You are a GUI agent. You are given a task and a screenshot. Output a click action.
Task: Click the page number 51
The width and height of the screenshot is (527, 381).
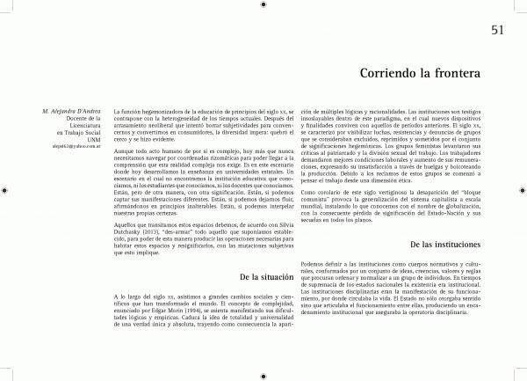[x=497, y=32]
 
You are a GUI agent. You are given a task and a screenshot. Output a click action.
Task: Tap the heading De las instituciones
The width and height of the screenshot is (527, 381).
[x=446, y=242]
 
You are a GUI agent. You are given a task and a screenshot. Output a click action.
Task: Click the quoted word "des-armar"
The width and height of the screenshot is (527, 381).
[x=188, y=231]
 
